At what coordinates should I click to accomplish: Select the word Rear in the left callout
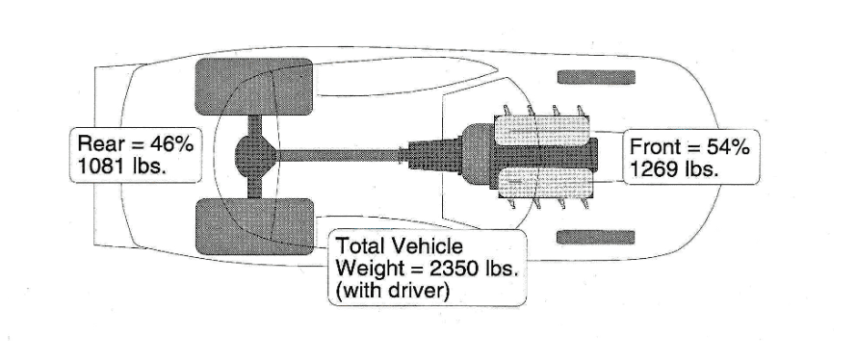[99, 143]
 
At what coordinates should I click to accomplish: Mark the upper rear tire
[254, 89]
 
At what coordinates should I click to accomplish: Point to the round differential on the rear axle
[256, 155]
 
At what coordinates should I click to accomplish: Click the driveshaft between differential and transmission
[342, 154]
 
